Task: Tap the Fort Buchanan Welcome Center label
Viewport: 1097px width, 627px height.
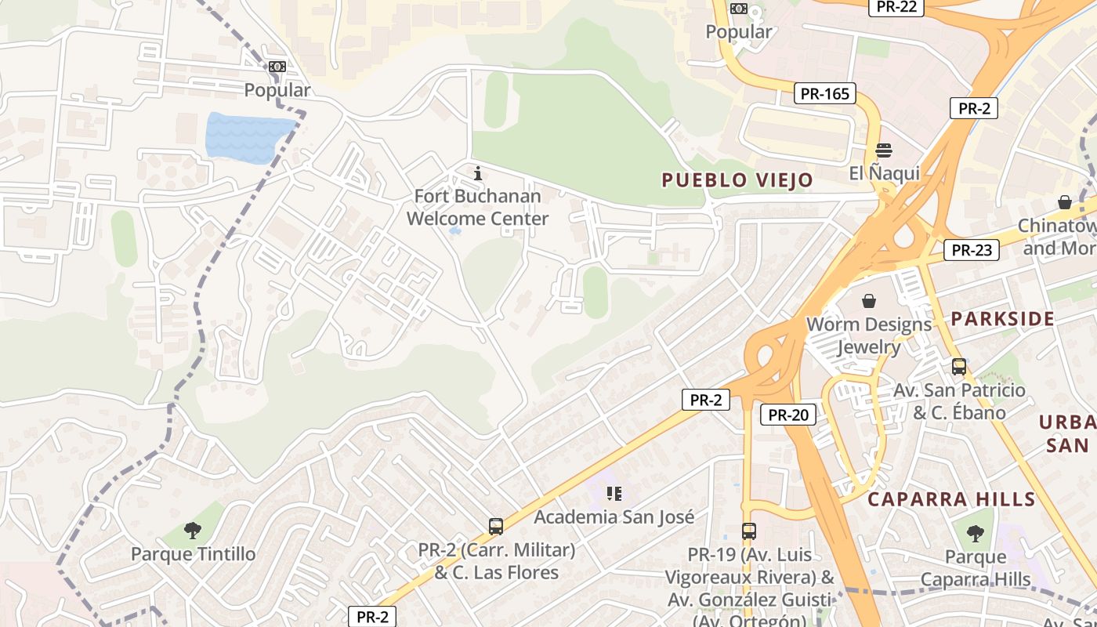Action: (477, 208)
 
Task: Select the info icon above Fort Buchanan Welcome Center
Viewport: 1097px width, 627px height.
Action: (478, 173)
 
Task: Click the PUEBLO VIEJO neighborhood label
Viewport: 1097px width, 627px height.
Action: (737, 180)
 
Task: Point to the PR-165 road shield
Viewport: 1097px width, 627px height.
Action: (824, 94)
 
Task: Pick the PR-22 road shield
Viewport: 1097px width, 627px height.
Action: (896, 7)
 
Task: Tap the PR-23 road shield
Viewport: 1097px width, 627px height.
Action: (972, 251)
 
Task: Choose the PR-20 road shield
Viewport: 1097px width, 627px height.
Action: (787, 415)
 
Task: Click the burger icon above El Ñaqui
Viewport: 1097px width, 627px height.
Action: (884, 150)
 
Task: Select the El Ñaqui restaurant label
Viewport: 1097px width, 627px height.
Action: (884, 173)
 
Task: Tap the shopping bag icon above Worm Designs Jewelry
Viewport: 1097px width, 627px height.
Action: (869, 301)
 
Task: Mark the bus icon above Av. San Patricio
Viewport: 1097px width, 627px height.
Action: (958, 366)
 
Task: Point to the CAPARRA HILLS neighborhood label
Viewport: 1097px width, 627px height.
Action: (951, 499)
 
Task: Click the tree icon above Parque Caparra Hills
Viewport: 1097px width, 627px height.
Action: (975, 534)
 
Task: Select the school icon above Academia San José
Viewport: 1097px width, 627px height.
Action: (614, 493)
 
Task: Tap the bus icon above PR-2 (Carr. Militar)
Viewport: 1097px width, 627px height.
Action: (495, 527)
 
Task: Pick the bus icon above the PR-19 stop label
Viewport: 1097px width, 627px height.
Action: (748, 531)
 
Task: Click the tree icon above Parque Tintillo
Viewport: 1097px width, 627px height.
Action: (193, 531)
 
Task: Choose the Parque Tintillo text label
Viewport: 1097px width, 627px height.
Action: (193, 554)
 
